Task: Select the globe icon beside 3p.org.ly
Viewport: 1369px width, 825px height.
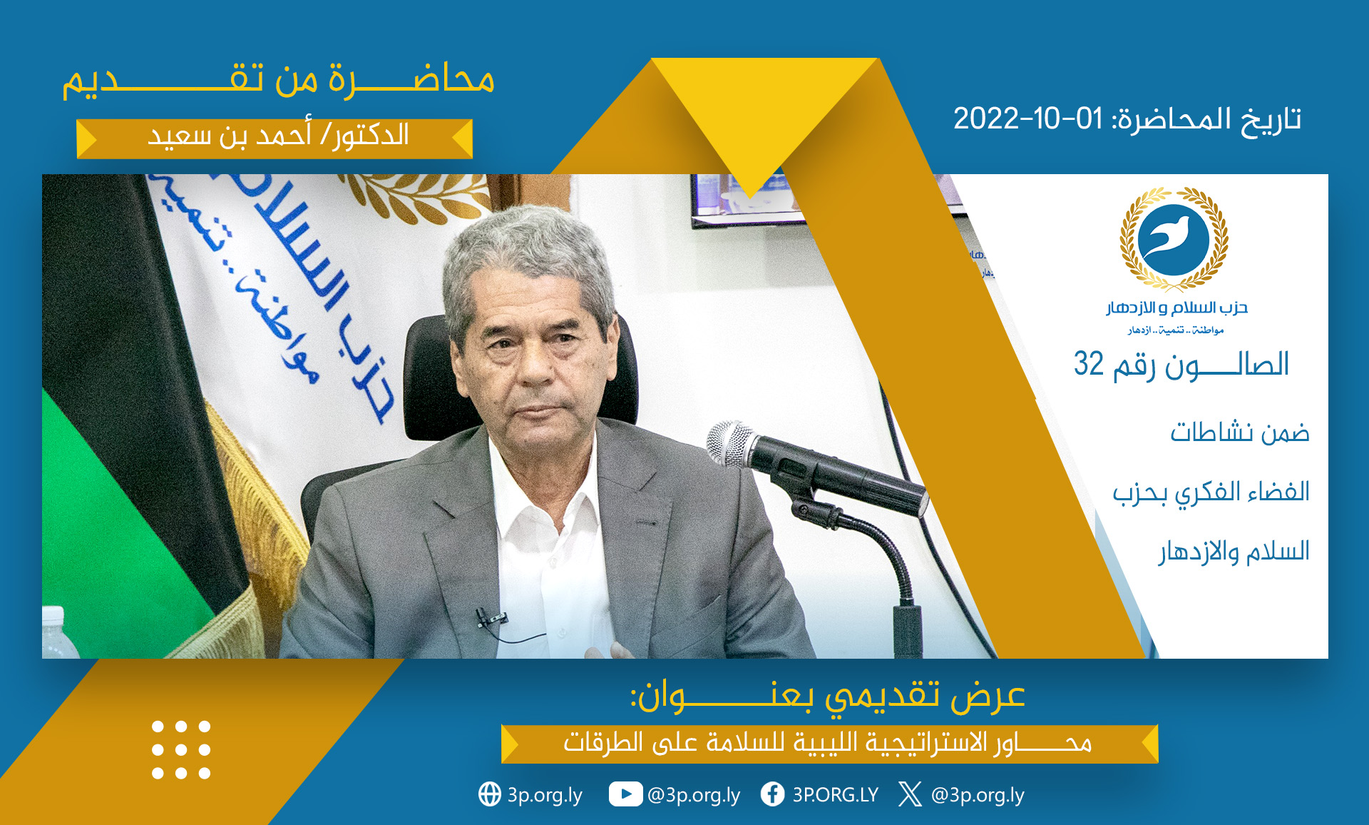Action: tap(490, 794)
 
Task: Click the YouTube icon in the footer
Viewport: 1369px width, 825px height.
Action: tap(625, 794)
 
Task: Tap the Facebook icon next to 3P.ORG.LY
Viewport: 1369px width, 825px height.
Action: tap(772, 794)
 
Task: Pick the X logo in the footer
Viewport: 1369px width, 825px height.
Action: tap(910, 794)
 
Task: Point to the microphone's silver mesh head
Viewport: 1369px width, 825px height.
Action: tap(730, 442)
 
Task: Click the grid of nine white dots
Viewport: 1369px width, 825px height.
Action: tap(181, 749)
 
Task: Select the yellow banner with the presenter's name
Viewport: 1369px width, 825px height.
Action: tap(275, 138)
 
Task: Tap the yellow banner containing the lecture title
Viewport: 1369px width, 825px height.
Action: tap(829, 744)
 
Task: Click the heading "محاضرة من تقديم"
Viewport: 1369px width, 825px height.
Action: tap(278, 80)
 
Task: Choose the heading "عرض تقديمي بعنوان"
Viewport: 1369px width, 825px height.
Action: tap(827, 696)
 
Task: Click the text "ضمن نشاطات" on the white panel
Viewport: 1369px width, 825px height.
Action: tap(1239, 432)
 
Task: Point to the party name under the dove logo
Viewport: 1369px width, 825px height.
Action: tap(1176, 308)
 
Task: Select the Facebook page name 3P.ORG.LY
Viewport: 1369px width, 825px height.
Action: tap(835, 794)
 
